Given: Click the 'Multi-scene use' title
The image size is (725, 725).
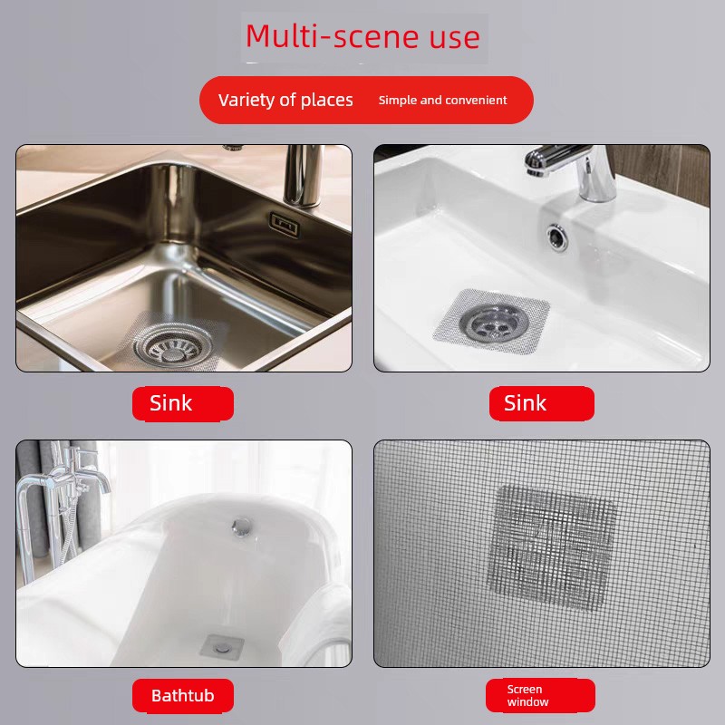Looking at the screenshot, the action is click(363, 36).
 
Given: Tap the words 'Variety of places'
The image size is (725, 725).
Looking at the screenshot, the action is click(285, 100).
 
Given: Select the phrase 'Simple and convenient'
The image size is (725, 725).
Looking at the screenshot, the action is click(442, 100).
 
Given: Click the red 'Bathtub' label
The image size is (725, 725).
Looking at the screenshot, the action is click(183, 695).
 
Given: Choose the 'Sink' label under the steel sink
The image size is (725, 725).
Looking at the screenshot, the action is click(183, 403).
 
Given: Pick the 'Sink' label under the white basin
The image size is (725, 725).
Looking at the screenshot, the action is click(541, 403).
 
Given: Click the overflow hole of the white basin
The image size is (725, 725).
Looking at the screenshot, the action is click(557, 237).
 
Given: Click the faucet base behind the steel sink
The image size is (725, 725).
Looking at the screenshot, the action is click(303, 176).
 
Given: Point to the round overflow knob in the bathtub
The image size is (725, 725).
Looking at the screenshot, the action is click(242, 527).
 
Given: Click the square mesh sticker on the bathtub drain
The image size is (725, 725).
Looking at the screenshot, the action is click(221, 647).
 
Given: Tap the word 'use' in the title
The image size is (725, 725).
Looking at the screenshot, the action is click(455, 38).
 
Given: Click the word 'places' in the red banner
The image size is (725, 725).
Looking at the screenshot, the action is click(327, 101).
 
